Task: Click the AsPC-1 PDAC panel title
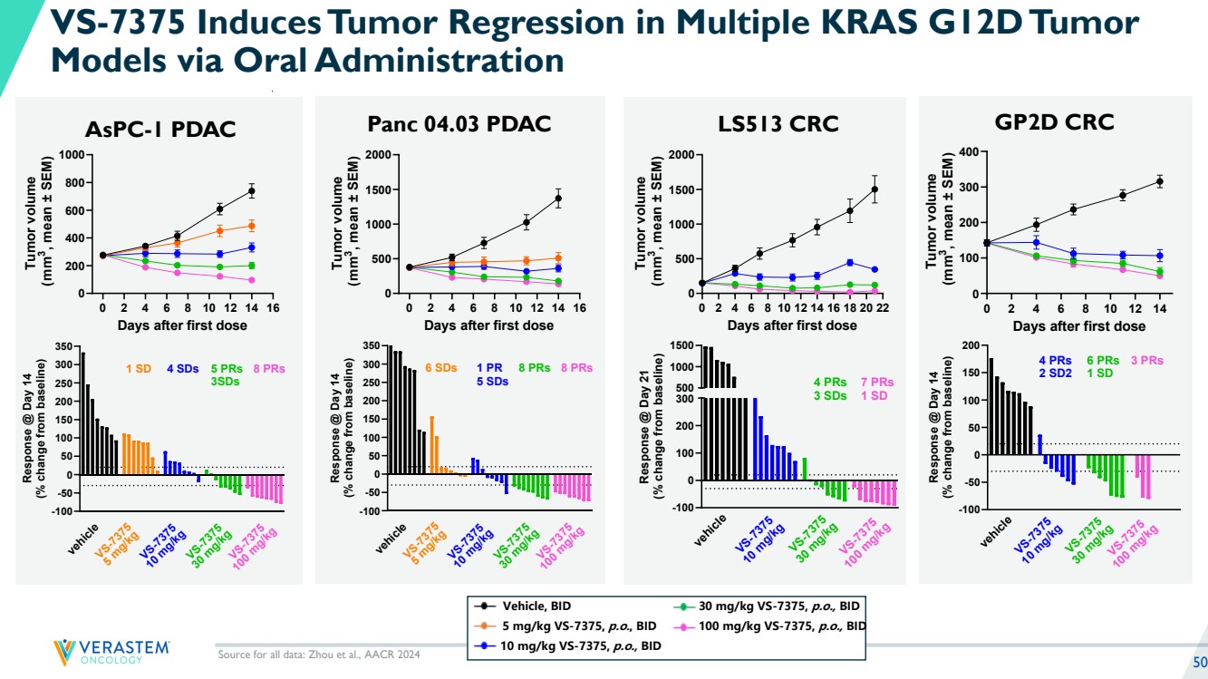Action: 159,130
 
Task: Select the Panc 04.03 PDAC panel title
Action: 459,124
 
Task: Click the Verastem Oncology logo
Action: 111,651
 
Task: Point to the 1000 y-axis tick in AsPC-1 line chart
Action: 69,155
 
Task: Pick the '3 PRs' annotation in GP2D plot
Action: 1146,361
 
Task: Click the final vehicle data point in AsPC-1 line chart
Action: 251,190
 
